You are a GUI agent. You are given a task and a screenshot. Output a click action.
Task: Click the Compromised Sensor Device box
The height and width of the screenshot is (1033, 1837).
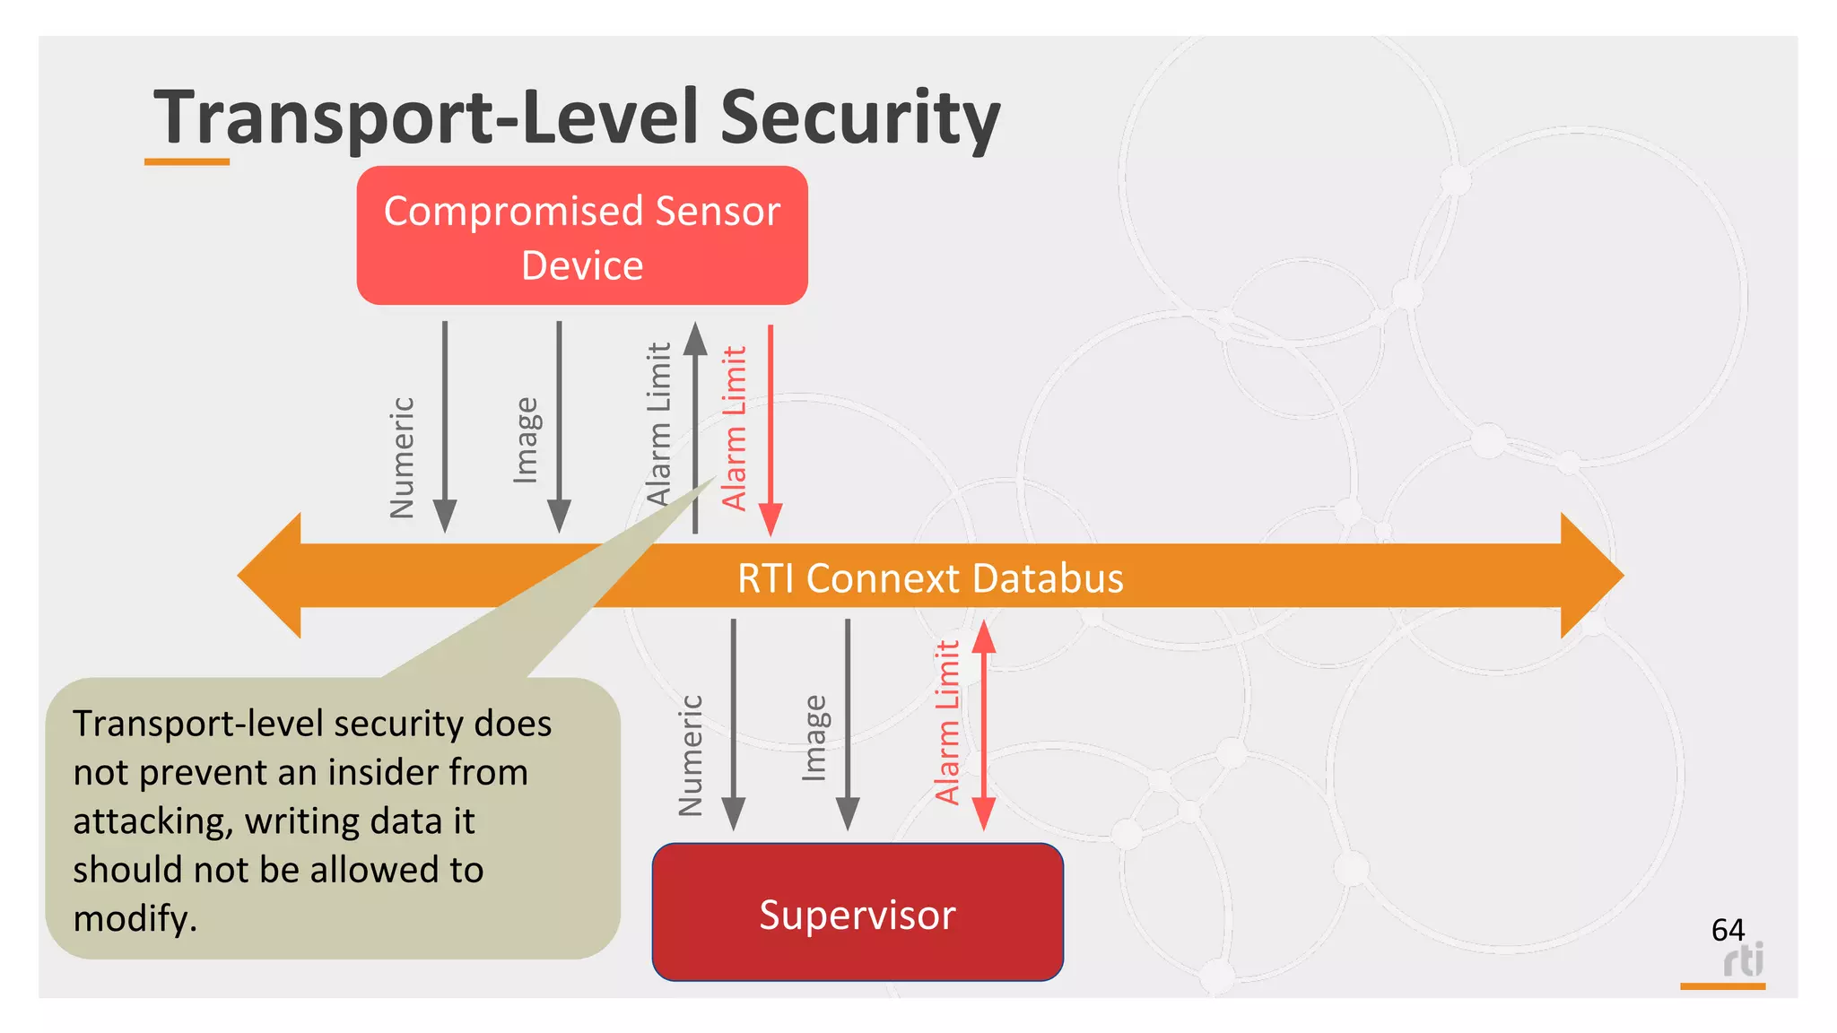point(582,236)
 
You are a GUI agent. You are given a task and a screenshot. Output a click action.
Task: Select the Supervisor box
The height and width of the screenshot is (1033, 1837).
point(858,913)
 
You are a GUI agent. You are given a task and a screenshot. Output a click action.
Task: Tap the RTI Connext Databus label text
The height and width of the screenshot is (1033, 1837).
point(930,578)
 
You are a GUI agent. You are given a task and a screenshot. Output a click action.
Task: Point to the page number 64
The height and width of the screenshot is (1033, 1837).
point(1728,930)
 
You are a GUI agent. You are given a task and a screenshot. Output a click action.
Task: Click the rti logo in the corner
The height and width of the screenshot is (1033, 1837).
point(1743,960)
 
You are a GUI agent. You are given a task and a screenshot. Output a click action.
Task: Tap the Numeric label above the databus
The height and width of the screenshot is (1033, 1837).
point(403,457)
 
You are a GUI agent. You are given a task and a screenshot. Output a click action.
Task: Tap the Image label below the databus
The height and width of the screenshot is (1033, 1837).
point(814,737)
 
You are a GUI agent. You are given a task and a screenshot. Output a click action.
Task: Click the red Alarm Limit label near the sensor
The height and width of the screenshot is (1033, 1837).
point(735,429)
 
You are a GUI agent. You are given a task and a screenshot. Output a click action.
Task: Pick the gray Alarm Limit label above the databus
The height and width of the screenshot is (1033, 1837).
point(659,423)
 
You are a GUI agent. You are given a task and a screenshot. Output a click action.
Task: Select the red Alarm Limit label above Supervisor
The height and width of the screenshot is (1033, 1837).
point(948,722)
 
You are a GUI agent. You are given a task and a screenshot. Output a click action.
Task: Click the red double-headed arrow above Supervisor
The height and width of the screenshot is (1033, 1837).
point(984,725)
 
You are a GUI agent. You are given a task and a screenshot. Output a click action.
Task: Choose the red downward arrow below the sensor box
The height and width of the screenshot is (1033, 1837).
point(770,430)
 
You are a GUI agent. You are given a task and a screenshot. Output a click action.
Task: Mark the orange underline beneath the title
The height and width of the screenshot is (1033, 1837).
point(187,162)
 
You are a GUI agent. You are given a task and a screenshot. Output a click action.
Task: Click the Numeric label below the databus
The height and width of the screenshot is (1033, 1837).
point(691,755)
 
